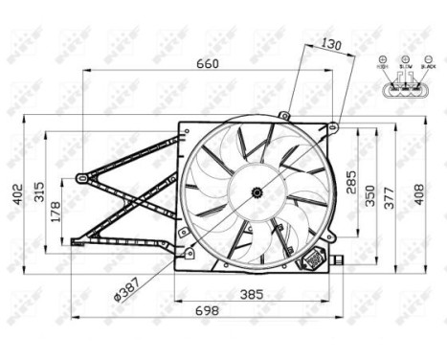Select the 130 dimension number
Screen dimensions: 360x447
tap(330, 44)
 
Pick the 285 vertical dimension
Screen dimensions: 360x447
tap(352, 180)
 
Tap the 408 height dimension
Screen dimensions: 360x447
tap(418, 194)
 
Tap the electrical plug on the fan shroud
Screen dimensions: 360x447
tap(313, 259)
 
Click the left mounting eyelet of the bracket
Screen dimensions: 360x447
tap(82, 177)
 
